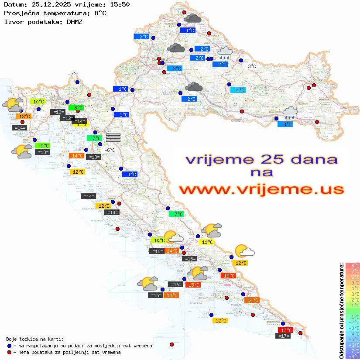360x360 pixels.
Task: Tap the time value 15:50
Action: click(x=119, y=5)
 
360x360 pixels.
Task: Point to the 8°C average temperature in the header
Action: click(x=100, y=13)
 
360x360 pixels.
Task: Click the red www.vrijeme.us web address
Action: click(x=261, y=189)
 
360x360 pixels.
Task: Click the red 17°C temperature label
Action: click(x=286, y=330)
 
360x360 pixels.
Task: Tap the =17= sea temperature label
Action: click(x=283, y=336)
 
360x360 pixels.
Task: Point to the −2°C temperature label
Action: click(x=73, y=75)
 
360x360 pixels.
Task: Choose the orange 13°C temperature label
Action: click(x=24, y=117)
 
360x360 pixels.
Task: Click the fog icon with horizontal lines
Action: click(x=113, y=137)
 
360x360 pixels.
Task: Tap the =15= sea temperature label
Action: click(x=156, y=295)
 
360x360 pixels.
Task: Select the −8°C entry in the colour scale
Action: click(x=353, y=356)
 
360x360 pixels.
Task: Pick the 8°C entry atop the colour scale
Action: click(x=353, y=265)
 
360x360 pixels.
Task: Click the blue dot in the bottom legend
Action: click(x=9, y=346)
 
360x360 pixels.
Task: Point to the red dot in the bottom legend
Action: click(x=9, y=352)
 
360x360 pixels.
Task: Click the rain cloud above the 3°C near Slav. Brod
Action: click(x=290, y=113)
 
